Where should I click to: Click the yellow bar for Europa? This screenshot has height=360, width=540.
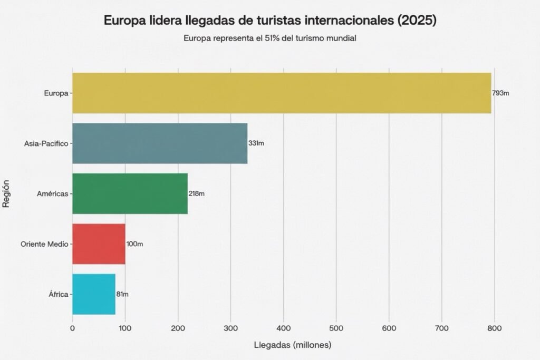click(x=282, y=93)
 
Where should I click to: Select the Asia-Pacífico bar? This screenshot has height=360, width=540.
click(x=160, y=143)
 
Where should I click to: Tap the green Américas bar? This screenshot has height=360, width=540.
click(x=130, y=193)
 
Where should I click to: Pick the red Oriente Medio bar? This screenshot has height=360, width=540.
click(x=99, y=244)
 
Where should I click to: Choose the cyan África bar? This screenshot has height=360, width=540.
click(x=94, y=294)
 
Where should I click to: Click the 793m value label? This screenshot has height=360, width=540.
click(x=500, y=93)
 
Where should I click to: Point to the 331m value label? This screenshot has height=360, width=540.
click(x=256, y=143)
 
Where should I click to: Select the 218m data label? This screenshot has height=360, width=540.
click(x=196, y=193)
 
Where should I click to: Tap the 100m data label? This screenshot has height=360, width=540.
click(x=134, y=244)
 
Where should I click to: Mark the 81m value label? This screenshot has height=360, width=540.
click(x=122, y=294)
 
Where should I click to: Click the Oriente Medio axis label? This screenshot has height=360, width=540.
click(x=44, y=244)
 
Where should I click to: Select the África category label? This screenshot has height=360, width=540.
click(x=58, y=294)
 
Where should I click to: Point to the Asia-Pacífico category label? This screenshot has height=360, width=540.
click(x=46, y=143)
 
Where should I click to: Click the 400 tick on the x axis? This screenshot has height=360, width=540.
click(x=284, y=328)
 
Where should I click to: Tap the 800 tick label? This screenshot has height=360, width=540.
click(x=494, y=328)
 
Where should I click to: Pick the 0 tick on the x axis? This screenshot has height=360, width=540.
click(x=73, y=328)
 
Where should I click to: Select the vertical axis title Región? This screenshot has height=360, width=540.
click(x=7, y=193)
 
